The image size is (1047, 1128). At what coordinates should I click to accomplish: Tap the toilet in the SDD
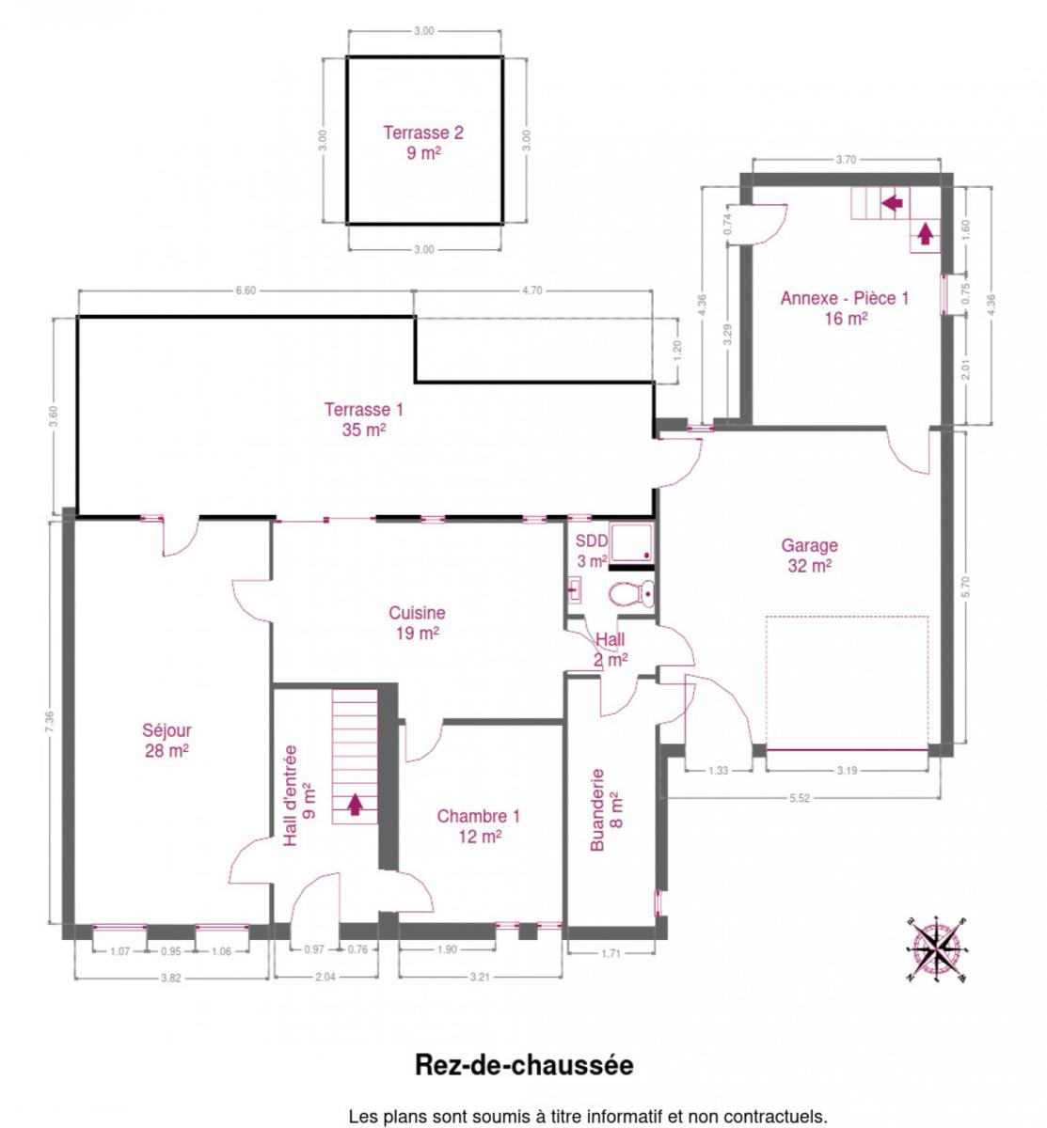click(x=630, y=594)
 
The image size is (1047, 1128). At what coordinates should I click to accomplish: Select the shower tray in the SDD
click(x=630, y=541)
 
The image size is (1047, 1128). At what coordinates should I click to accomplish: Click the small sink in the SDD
click(x=574, y=590)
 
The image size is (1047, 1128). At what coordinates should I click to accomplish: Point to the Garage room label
click(x=809, y=555)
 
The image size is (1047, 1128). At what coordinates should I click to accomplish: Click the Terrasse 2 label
click(x=423, y=143)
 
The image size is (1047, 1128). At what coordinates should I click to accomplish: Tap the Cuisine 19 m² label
click(x=417, y=622)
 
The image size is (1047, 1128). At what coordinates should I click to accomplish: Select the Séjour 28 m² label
click(x=167, y=740)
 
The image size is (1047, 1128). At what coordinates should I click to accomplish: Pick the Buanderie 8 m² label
click(x=606, y=810)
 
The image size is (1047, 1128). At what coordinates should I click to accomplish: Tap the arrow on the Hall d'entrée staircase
click(x=356, y=805)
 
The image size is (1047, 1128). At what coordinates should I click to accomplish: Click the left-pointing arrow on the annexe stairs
click(x=893, y=202)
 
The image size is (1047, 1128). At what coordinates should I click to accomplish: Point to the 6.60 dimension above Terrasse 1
click(x=246, y=290)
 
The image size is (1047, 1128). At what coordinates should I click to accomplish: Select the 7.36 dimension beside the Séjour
click(x=50, y=722)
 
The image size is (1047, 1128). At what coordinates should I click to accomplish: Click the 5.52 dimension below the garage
click(x=799, y=798)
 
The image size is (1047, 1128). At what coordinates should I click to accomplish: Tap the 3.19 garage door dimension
click(x=847, y=771)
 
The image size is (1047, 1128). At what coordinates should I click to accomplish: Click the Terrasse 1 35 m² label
click(x=364, y=420)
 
